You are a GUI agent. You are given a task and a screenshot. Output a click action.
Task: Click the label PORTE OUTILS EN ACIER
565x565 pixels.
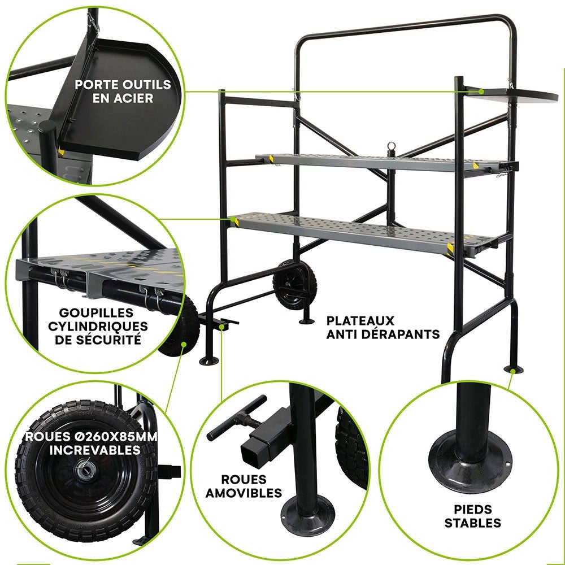pyautogui.click(x=123, y=91)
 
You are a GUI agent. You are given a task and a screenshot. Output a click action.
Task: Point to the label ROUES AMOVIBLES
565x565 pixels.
pyautogui.click(x=244, y=486)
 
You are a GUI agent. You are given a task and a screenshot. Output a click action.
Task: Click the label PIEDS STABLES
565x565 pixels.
pyautogui.click(x=472, y=516)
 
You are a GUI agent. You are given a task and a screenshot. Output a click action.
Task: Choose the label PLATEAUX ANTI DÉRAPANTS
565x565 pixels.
pyautogui.click(x=383, y=327)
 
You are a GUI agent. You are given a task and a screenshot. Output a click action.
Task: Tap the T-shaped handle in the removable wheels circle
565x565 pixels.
pyautogui.click(x=236, y=419)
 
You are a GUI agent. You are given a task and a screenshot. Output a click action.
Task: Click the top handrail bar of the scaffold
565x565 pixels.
pyautogui.click(x=407, y=25)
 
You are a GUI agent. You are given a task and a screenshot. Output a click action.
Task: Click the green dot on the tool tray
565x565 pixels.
pyautogui.click(x=481, y=90)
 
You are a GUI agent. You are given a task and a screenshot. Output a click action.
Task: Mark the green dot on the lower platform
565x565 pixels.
pyautogui.click(x=232, y=217)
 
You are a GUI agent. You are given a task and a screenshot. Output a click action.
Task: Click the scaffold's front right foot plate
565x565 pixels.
pyautogui.click(x=513, y=370)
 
